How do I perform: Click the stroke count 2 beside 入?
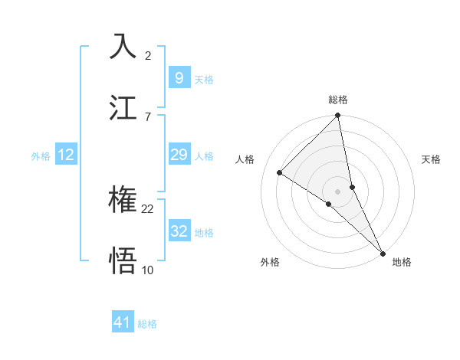coord(148,56)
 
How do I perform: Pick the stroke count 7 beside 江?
coord(148,116)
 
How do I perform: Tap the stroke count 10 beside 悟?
coord(148,270)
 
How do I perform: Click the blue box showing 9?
coord(179,77)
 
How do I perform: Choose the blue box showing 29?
coord(179,155)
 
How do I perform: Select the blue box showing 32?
coord(179,231)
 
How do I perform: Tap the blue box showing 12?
coord(65,155)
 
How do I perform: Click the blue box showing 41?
coord(123,322)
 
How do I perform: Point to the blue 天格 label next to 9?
coord(204,79)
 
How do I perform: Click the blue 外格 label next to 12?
coord(41,156)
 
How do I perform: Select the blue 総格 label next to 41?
coord(147,324)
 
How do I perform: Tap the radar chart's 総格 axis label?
coord(338,100)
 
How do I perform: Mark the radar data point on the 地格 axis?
coord(383,252)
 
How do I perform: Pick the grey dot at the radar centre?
coord(338,190)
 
